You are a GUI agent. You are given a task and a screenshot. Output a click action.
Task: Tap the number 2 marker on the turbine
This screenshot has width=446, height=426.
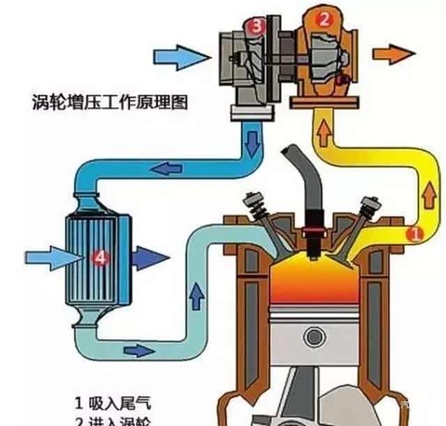pos(323,20)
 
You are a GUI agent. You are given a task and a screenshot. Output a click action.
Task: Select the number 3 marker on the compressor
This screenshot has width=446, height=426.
pos(256,26)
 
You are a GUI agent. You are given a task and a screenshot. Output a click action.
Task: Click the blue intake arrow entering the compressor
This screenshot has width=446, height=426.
pos(180,55)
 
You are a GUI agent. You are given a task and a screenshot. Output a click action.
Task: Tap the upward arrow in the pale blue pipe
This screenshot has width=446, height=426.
pos(197,296)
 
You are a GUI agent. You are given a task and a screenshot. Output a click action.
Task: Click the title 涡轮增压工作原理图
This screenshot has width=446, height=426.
pos(111,102)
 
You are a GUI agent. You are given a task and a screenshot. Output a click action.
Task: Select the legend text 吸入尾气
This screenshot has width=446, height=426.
pos(121,403)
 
